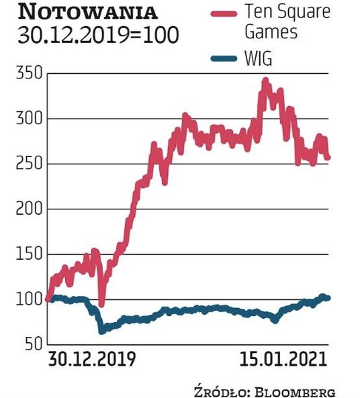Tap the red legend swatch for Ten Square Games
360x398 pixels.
tap(221, 12)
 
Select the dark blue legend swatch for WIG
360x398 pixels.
tap(221, 62)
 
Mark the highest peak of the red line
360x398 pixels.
tap(265, 81)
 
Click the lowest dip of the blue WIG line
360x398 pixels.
tap(102, 330)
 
